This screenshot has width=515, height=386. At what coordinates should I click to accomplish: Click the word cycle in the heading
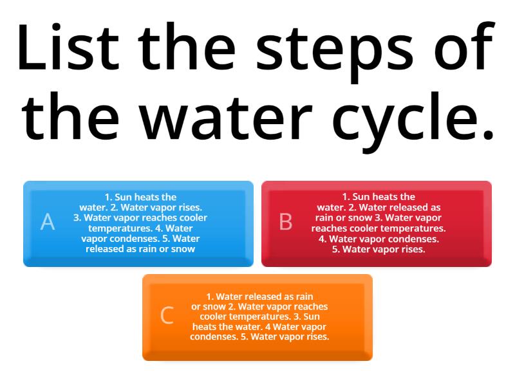point(412,118)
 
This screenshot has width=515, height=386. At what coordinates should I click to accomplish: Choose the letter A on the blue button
point(48,222)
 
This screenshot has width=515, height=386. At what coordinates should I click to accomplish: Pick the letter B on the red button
point(286,222)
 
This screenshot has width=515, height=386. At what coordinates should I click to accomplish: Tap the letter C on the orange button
point(167,315)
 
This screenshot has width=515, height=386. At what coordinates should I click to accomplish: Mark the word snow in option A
point(182,249)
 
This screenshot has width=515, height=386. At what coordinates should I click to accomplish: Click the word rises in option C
point(316,336)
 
